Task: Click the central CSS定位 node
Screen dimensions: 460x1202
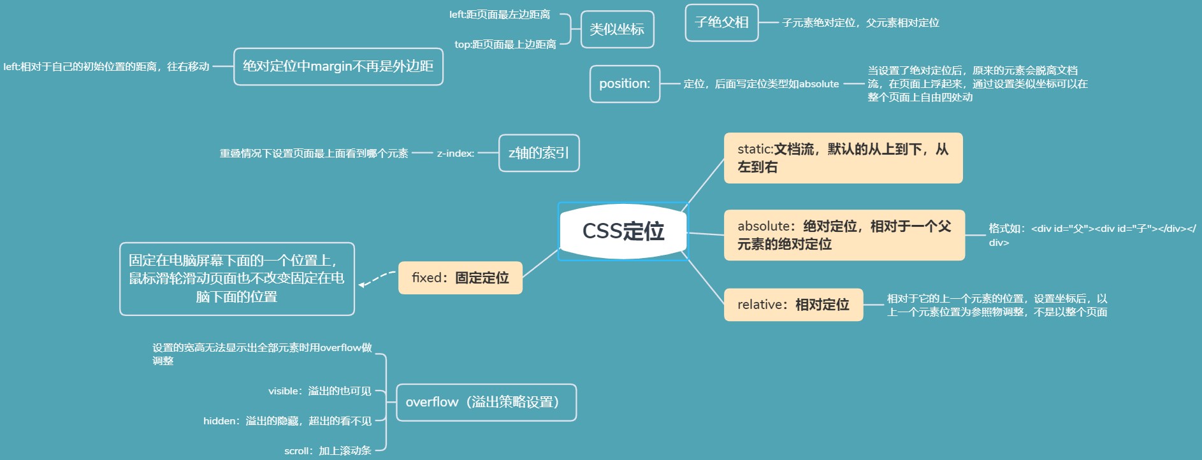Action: point(623,231)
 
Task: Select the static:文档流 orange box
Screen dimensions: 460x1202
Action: point(843,158)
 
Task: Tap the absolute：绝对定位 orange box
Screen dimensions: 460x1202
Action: point(844,235)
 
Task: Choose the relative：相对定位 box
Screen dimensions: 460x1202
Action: point(793,305)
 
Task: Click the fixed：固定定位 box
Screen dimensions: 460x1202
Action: point(460,278)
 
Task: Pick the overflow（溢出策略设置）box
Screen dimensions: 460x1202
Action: point(486,402)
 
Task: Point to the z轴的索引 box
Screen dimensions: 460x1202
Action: point(539,153)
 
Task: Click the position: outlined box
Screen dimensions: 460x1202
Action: point(625,83)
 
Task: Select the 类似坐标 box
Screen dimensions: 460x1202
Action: point(617,29)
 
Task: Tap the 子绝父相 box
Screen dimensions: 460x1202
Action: point(721,22)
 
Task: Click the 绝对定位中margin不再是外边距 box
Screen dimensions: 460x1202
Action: point(338,66)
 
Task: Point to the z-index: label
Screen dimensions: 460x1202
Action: point(455,154)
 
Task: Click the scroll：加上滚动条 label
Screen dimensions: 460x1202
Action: point(328,451)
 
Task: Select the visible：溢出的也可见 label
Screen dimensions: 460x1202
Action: point(319,391)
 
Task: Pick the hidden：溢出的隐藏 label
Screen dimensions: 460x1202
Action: point(287,421)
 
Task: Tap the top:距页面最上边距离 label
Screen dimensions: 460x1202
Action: point(505,45)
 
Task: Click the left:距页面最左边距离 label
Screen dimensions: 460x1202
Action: point(499,15)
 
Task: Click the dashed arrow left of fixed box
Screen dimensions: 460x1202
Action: point(377,279)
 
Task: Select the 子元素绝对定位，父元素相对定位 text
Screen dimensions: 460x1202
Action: point(860,23)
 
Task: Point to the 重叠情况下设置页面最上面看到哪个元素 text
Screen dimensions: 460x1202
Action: point(314,154)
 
